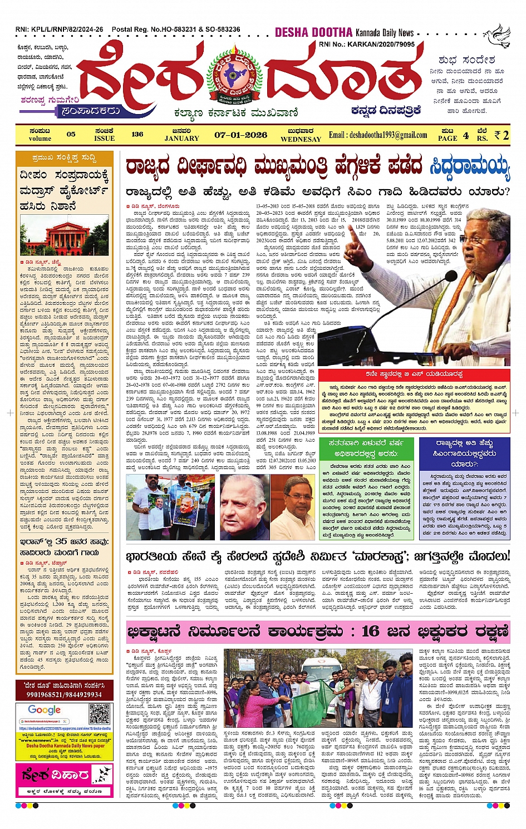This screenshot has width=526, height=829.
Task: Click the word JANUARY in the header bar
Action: [181, 138]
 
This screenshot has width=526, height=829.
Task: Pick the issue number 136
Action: [137, 134]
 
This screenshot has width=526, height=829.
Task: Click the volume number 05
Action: [71, 134]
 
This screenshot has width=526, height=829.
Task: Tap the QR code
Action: [100, 713]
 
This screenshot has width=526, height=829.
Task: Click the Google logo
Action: [45, 710]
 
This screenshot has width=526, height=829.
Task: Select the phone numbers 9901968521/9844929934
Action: [63, 694]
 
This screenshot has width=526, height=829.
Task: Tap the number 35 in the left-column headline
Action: [62, 541]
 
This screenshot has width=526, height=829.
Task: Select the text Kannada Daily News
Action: [385, 33]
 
